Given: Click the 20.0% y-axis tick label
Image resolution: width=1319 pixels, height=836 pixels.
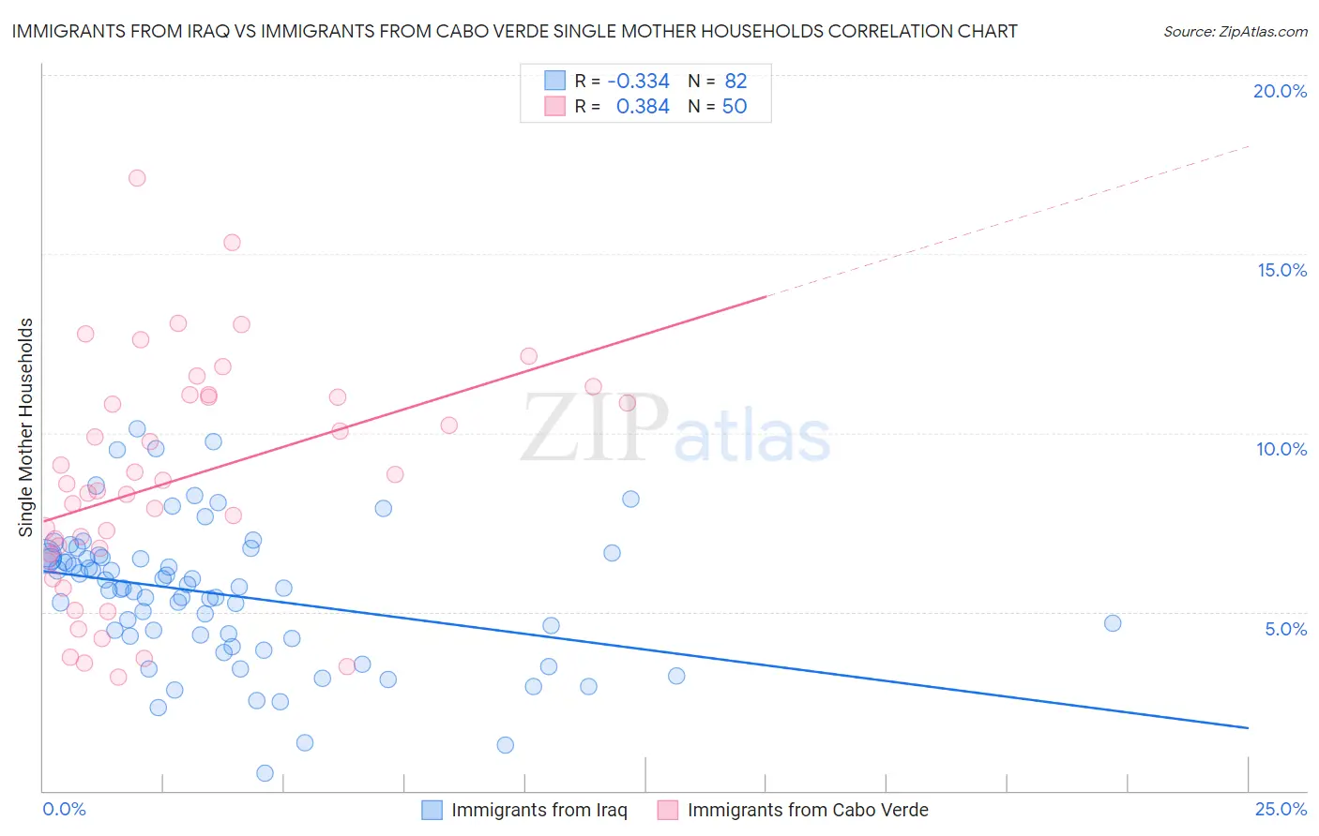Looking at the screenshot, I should tap(1280, 91).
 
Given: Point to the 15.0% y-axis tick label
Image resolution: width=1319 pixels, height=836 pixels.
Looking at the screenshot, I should tap(1281, 270).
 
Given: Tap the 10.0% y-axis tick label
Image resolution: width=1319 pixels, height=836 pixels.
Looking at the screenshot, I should tap(1281, 449).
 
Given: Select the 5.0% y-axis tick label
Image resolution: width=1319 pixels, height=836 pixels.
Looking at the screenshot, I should tap(1285, 629).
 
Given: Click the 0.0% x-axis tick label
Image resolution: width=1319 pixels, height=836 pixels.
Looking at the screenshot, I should tap(64, 809).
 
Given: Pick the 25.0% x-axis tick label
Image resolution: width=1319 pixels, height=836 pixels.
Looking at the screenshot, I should tap(1281, 809).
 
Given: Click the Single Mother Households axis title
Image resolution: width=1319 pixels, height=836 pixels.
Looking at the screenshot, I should tap(26, 427).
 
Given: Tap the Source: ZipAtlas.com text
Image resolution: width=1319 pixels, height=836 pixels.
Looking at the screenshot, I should tap(1235, 32).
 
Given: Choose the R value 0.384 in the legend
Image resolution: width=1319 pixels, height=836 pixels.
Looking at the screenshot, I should tap(643, 107).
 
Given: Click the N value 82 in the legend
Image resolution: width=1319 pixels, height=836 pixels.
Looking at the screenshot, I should tap(735, 81).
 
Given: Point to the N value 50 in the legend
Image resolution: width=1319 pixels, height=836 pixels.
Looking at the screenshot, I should tap(735, 107).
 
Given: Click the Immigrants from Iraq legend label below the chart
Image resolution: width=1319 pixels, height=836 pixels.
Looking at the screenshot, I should tap(538, 810).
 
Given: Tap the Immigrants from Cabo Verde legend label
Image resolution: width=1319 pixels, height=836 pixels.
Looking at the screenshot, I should tap(807, 810).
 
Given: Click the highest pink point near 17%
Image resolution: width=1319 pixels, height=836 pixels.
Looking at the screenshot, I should tap(137, 178).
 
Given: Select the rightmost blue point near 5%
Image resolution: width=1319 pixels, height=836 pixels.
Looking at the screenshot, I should tap(1113, 623).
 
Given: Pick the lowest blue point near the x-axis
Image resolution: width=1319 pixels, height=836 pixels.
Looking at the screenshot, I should tap(265, 773).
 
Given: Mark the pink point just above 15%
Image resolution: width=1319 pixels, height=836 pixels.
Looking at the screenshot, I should tap(232, 243).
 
